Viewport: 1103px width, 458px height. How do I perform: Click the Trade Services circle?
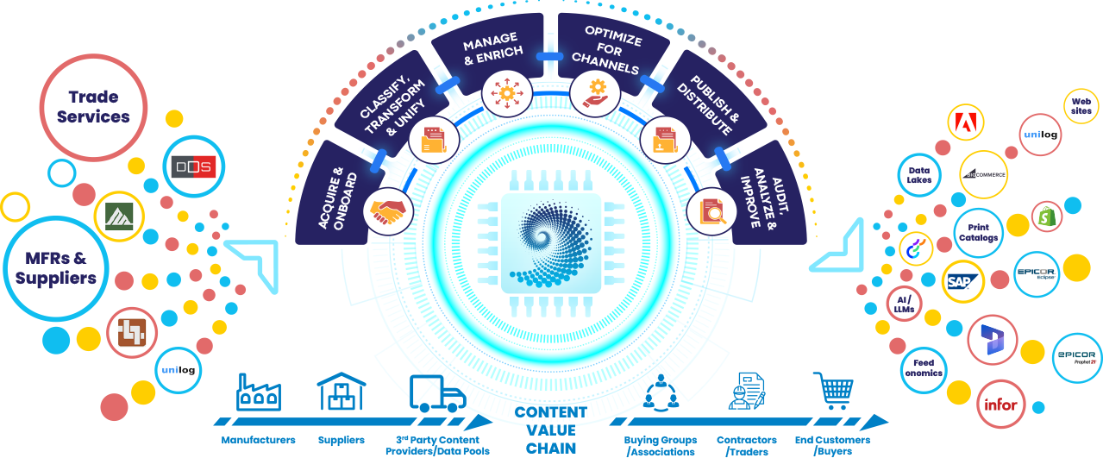point(93,107)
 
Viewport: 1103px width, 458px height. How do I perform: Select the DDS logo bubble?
point(192,166)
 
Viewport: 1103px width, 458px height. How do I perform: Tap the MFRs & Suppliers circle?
point(56,267)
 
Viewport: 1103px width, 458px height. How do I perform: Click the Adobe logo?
point(966,122)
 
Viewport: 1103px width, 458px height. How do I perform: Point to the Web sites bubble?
point(1081,105)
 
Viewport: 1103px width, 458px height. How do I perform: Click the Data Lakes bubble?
point(918,175)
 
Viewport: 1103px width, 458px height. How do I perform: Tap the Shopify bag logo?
point(1047,216)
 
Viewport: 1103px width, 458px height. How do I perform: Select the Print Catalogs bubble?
point(978,232)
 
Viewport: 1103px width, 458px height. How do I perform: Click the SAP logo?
point(962,281)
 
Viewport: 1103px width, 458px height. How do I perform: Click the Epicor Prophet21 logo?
point(1075,357)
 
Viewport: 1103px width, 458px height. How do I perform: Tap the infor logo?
point(1000,404)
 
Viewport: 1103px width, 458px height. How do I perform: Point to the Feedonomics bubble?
point(924,368)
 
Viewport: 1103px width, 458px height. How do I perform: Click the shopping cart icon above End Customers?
point(832,391)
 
